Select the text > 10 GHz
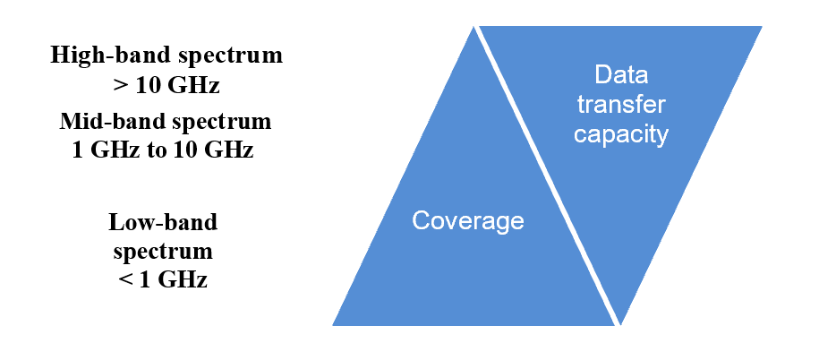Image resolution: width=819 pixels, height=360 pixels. tap(166, 88)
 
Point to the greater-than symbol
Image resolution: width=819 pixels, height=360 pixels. tap(118, 88)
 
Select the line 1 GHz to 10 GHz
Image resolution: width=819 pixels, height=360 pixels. tap(163, 150)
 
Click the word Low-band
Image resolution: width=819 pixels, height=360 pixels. tap(163, 221)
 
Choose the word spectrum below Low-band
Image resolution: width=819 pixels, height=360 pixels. tap(163, 250)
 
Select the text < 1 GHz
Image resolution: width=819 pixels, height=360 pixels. tap(163, 279)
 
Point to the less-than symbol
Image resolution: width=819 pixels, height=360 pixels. tap(124, 279)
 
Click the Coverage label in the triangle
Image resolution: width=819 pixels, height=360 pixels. tap(467, 221)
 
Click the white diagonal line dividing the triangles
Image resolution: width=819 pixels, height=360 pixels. tap(548, 176)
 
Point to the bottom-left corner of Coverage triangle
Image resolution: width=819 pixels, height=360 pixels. tap(334, 324)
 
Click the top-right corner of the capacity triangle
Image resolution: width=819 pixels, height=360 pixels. tap(761, 27)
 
